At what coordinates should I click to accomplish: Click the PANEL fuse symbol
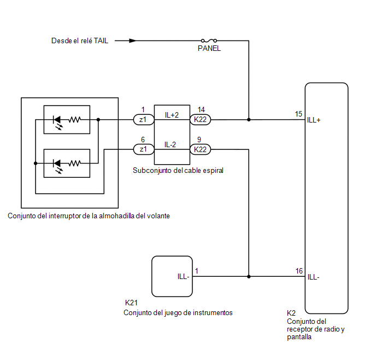[x=209, y=40]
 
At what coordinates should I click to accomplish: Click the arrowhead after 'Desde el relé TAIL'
[x=133, y=41]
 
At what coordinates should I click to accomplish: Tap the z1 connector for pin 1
[x=144, y=119]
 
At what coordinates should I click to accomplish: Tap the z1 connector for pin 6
[x=144, y=149]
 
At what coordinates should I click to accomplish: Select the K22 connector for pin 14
[x=200, y=119]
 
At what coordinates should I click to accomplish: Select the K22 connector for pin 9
[x=200, y=149]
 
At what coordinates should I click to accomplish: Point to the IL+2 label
[x=172, y=115]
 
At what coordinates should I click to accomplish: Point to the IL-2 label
[x=171, y=144]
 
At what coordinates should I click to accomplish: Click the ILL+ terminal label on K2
[x=314, y=120]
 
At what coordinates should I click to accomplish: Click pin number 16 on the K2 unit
[x=299, y=271]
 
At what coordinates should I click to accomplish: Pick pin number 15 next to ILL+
[x=298, y=114]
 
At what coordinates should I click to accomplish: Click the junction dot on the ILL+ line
[x=249, y=119]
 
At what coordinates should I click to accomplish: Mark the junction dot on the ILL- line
[x=249, y=276]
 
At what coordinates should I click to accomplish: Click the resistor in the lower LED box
[x=74, y=164]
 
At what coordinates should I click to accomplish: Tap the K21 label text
[x=131, y=303]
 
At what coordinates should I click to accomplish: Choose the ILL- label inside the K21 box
[x=184, y=276]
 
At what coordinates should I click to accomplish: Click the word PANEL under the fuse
[x=209, y=49]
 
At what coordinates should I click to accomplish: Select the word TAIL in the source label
[x=101, y=41]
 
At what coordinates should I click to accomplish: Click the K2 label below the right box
[x=291, y=313]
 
